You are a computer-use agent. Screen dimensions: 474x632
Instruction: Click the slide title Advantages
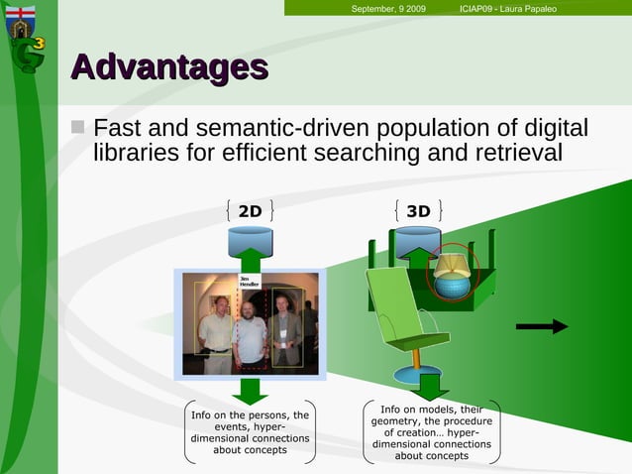[169, 67]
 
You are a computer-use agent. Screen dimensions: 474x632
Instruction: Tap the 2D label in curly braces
[250, 210]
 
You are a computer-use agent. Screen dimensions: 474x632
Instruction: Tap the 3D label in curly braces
[418, 210]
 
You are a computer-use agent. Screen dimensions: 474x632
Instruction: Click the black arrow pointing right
[542, 326]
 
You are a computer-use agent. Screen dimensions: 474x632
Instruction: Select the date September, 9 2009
[388, 9]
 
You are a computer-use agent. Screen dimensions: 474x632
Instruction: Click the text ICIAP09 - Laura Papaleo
[508, 9]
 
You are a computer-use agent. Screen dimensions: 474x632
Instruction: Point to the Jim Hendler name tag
[250, 282]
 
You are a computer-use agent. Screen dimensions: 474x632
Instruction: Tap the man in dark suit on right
[285, 332]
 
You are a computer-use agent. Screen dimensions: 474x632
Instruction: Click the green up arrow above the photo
[251, 260]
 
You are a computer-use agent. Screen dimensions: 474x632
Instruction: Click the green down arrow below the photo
[251, 390]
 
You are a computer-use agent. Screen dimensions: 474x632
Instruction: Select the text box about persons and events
[250, 432]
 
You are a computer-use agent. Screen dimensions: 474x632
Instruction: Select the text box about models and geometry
[432, 432]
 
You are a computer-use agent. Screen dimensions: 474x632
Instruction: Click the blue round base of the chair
[418, 375]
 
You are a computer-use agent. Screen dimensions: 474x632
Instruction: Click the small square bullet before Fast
[80, 129]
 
